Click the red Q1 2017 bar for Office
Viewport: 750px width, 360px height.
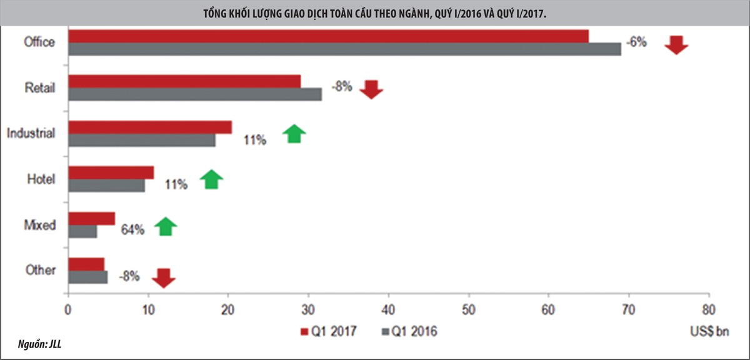(x=328, y=36)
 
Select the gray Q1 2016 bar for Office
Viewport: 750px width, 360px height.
(x=344, y=49)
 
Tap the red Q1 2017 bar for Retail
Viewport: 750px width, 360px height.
(x=184, y=81)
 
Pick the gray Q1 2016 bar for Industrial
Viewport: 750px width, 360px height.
(x=142, y=141)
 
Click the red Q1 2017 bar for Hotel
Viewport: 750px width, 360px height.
(x=111, y=172)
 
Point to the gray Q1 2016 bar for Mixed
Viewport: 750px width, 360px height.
(x=82, y=231)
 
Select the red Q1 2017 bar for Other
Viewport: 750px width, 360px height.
(x=86, y=264)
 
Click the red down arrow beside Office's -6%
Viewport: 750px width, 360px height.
(x=676, y=45)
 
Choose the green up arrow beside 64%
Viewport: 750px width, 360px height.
(x=166, y=226)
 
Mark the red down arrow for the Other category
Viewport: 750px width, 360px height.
(x=164, y=277)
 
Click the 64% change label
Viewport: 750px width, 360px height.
(x=132, y=229)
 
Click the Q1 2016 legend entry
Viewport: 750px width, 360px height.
(x=410, y=331)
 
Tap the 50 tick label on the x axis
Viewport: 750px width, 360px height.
(x=468, y=309)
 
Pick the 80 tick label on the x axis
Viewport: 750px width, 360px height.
(x=708, y=309)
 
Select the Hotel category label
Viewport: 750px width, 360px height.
(x=41, y=179)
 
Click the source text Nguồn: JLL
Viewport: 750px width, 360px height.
(x=35, y=343)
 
